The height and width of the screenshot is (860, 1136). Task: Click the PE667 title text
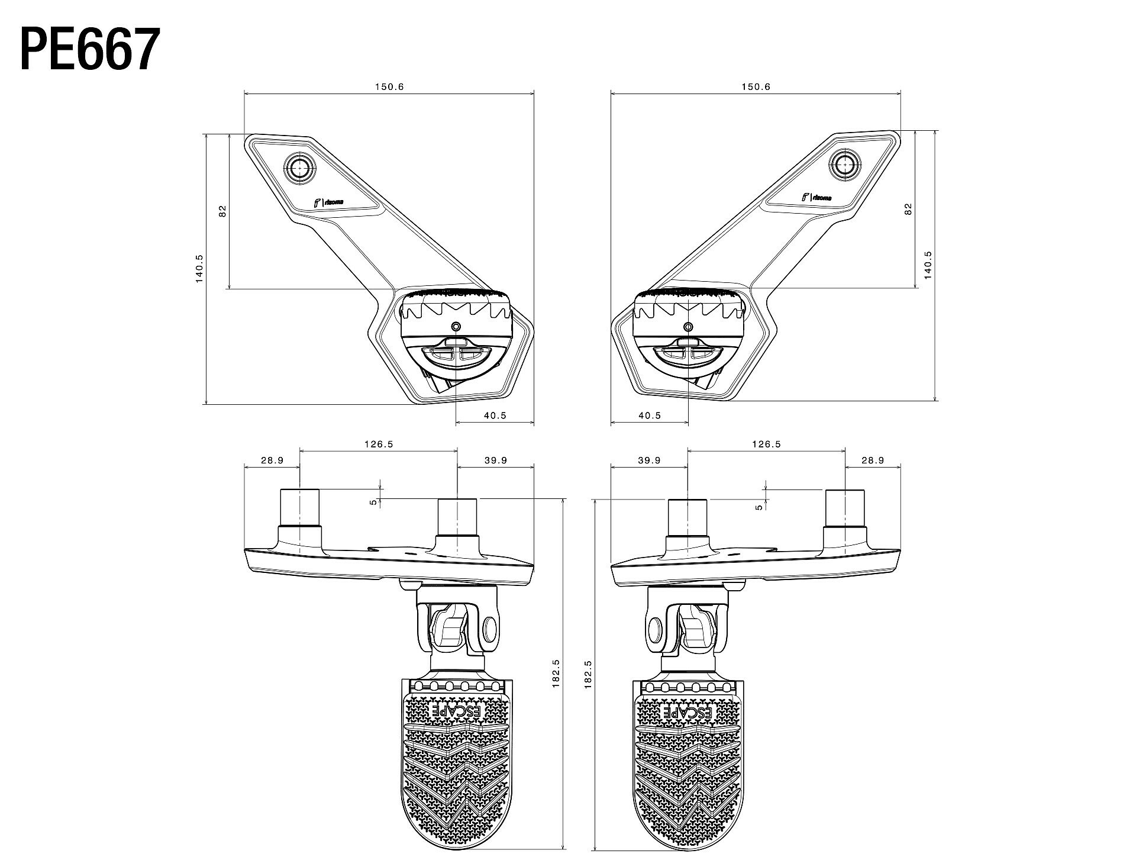click(x=90, y=49)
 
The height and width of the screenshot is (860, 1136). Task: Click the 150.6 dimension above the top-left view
click(x=389, y=86)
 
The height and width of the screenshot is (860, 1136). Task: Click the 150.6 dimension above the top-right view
click(x=756, y=86)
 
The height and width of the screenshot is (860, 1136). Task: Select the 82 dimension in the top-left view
click(x=222, y=211)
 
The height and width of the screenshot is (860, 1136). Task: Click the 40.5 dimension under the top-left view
click(x=495, y=415)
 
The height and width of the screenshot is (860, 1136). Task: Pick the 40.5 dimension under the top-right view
click(x=649, y=415)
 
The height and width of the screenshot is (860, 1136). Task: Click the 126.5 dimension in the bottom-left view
click(x=378, y=444)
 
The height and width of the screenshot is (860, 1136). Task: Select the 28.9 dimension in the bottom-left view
click(x=272, y=460)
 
